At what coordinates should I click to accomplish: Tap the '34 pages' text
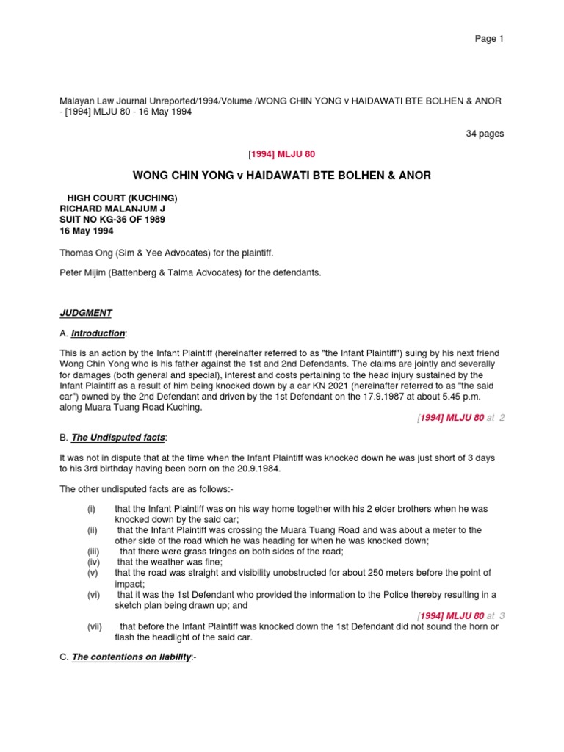[485, 134]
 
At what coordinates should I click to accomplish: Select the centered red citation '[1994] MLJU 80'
[281, 153]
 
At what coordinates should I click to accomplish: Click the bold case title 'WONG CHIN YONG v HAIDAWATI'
[281, 176]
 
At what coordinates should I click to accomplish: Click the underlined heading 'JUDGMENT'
[86, 313]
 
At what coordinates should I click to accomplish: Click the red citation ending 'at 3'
[460, 615]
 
